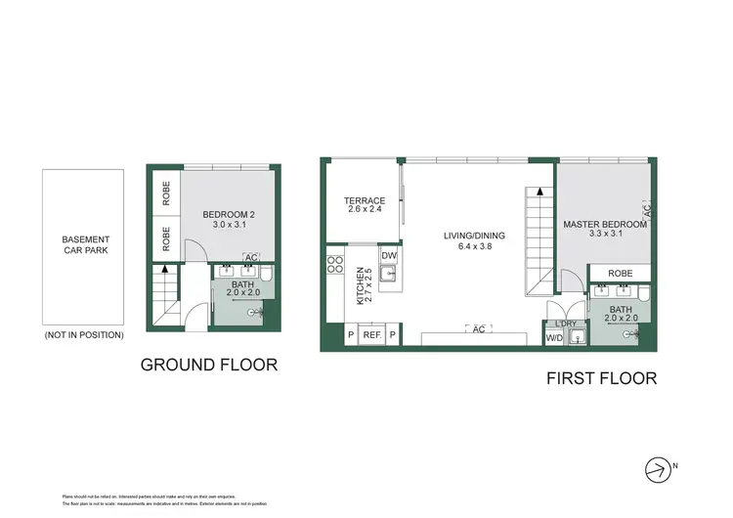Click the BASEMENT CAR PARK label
pos(86,245)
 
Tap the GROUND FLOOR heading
pos(209,365)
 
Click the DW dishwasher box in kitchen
pos(389,256)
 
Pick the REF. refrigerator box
pos(371,335)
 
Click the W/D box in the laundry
pos(553,339)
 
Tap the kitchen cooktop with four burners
pos(334,263)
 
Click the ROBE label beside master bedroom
pos(619,274)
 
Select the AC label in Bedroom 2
pos(251,258)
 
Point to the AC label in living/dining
pos(478,328)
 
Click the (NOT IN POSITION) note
pos(84,334)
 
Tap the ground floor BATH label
pos(241,284)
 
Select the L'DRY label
pos(565,324)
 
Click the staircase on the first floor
pos(539,239)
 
